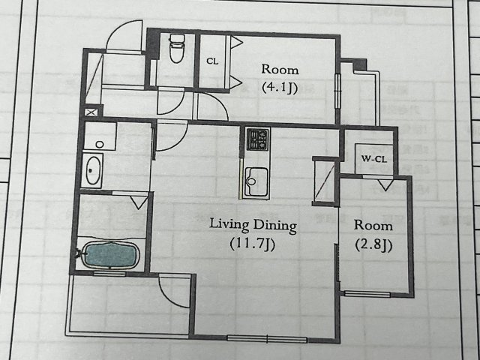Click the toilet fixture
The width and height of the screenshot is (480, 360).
click(x=177, y=48)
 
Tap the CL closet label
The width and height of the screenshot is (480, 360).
click(x=212, y=61)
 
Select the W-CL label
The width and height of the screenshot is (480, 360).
click(x=373, y=159)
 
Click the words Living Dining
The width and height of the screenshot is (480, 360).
click(x=253, y=226)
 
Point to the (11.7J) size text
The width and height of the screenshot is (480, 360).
click(x=253, y=244)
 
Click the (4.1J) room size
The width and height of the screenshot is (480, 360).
click(x=280, y=88)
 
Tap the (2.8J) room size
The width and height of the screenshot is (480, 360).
click(x=373, y=245)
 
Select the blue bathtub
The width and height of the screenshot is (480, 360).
click(x=110, y=255)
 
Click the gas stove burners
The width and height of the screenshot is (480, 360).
click(x=257, y=139)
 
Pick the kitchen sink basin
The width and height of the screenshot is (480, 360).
click(x=256, y=181)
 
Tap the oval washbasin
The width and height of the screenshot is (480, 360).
click(x=93, y=170)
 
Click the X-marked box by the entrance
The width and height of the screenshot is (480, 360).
click(x=91, y=112)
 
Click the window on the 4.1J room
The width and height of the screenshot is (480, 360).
click(x=337, y=91)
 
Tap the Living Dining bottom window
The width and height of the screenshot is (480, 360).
click(x=267, y=339)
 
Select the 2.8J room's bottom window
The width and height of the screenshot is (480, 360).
click(x=367, y=294)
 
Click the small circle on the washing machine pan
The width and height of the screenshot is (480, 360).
click(x=100, y=144)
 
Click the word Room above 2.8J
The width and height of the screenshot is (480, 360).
click(x=373, y=226)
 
